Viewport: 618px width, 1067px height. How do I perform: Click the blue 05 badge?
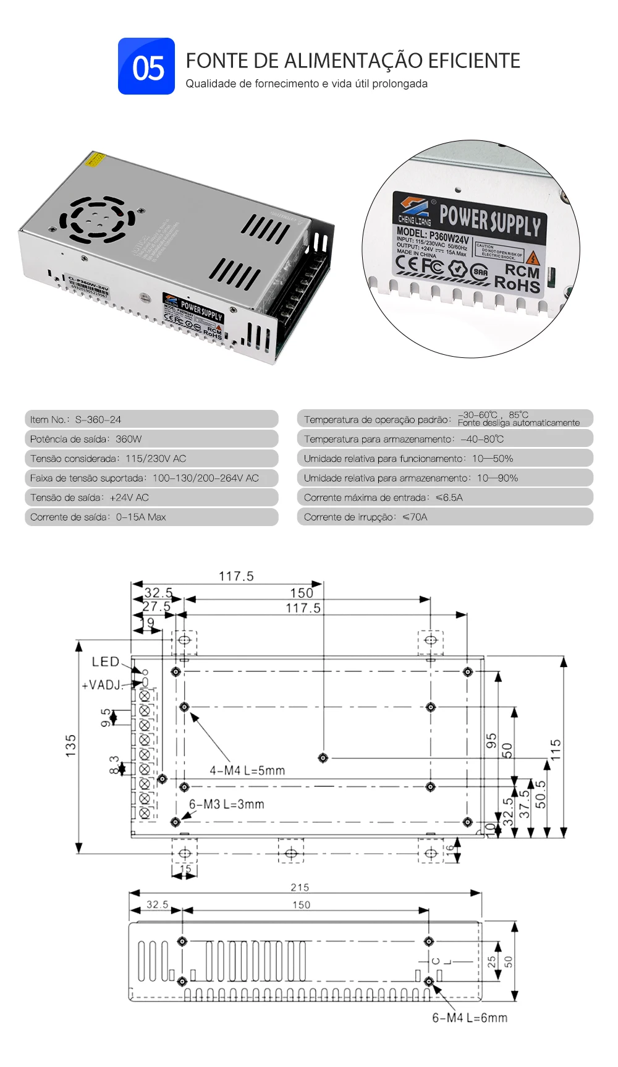pyautogui.click(x=146, y=66)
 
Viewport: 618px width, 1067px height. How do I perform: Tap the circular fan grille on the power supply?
pyautogui.click(x=96, y=218)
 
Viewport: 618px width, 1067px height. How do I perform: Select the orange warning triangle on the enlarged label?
pyautogui.click(x=533, y=257)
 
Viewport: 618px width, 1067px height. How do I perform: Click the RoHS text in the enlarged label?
pyautogui.click(x=517, y=284)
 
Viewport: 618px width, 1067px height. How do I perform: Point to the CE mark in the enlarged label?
pyautogui.click(x=407, y=263)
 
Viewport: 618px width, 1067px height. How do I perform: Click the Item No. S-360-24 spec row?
pyautogui.click(x=151, y=419)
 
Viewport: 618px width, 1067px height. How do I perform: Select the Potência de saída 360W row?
pyautogui.click(x=151, y=439)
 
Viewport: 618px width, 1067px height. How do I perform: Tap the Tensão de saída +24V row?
pyautogui.click(x=151, y=498)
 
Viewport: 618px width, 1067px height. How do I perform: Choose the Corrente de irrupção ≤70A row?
pyautogui.click(x=444, y=517)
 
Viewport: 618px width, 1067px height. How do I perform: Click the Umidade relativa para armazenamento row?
pyautogui.click(x=444, y=478)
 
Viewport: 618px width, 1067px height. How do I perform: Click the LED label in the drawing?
pyautogui.click(x=105, y=662)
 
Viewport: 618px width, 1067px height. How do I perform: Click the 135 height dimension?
pyautogui.click(x=71, y=746)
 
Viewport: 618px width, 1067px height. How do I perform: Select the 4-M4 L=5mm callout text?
pyautogui.click(x=247, y=771)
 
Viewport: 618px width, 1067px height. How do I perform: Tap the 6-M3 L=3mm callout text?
pyautogui.click(x=226, y=804)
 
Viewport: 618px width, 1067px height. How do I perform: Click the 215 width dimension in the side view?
pyautogui.click(x=300, y=888)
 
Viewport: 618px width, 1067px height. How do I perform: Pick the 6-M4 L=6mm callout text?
pyautogui.click(x=470, y=1018)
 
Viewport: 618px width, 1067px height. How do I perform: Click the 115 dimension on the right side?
pyautogui.click(x=556, y=749)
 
